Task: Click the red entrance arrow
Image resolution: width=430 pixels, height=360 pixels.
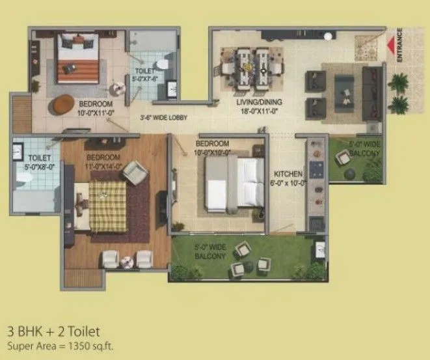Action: pos(392,46)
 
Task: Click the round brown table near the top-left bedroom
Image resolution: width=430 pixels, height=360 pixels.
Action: pos(62,103)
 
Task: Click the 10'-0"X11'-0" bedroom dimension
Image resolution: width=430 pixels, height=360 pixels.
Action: pos(96,111)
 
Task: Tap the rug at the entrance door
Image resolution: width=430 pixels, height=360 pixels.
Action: pos(366,44)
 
